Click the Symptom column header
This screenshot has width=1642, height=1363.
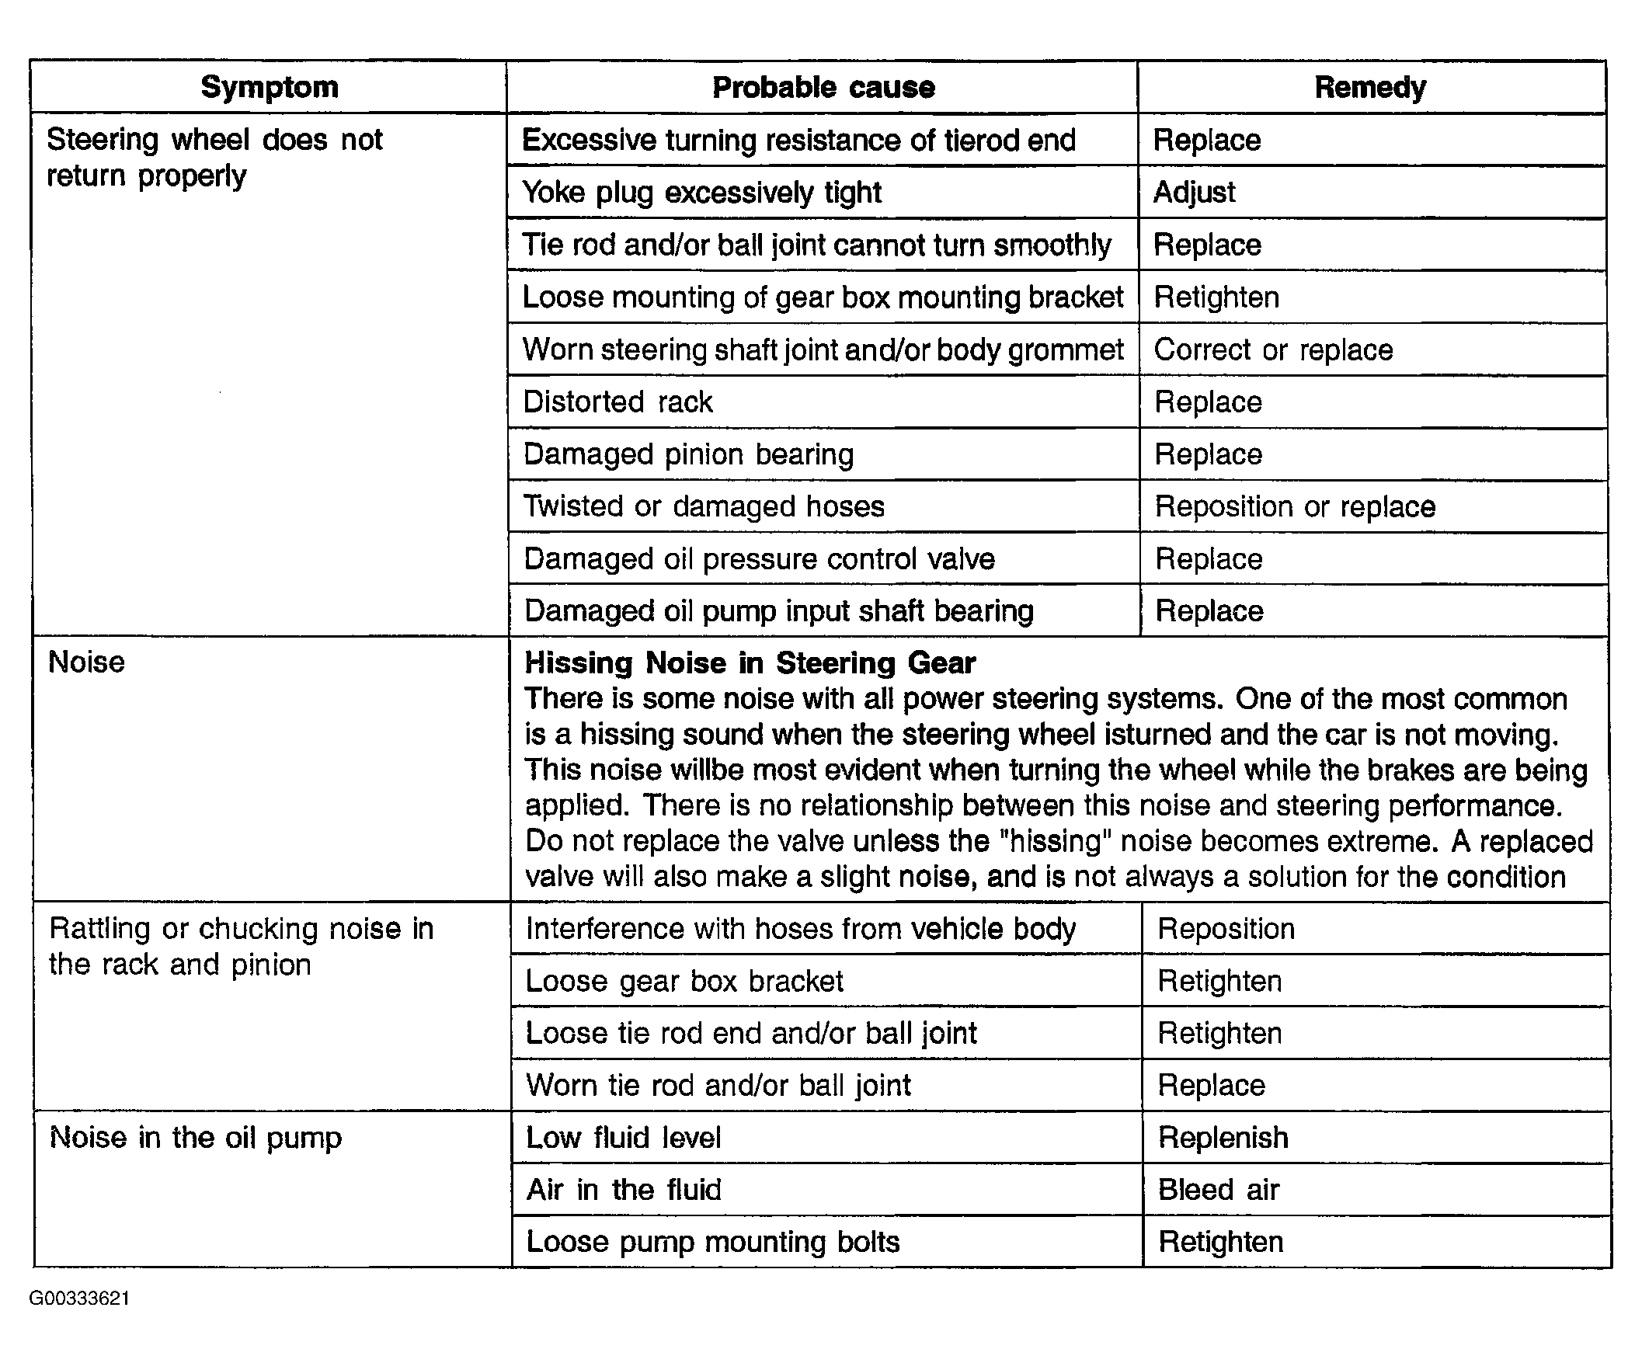pos(269,87)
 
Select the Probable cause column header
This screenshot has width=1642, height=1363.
pos(823,87)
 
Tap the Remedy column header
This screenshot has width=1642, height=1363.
pos(1370,87)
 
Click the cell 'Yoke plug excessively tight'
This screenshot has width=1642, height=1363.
pos(701,193)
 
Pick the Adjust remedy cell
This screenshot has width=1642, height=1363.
pos(1194,193)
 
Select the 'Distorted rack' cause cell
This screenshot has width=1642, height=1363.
pos(617,402)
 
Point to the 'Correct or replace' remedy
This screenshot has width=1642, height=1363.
pos(1273,349)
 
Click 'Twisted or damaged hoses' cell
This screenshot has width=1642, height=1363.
pos(704,506)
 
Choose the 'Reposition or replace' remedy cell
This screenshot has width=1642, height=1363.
pos(1295,506)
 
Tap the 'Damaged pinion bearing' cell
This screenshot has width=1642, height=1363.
pos(688,454)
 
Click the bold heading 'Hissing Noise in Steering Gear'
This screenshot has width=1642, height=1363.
pos(749,663)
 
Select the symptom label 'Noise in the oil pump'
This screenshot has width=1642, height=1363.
pos(196,1137)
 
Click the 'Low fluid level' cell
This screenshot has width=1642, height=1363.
pos(623,1137)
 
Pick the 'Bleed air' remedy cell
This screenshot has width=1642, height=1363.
pos(1218,1189)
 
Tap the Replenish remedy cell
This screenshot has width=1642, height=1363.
pos(1223,1137)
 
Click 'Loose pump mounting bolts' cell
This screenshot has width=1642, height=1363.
pos(712,1242)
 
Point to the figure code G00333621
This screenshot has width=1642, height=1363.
pos(79,1299)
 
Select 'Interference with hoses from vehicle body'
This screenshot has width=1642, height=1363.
pos(800,929)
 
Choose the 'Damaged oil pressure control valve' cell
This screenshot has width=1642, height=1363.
pos(758,559)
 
